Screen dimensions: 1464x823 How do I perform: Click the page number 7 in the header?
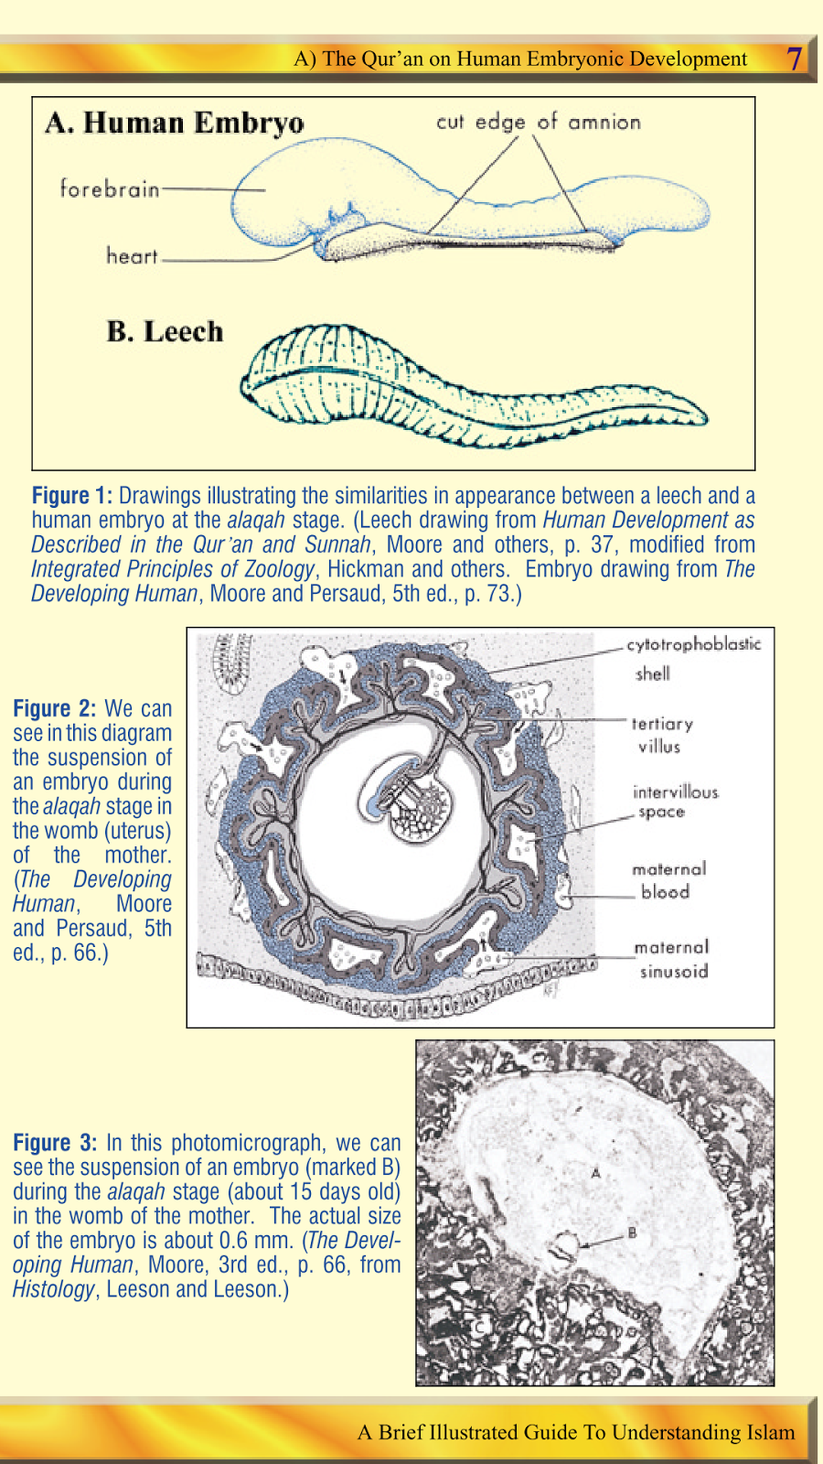point(795,59)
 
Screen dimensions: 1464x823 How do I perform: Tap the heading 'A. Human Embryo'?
point(175,123)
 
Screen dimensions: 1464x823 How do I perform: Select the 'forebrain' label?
point(110,189)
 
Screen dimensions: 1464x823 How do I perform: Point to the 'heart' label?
point(132,256)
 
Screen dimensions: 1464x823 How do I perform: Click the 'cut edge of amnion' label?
point(538,122)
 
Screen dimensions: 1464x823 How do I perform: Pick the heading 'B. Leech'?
point(165,331)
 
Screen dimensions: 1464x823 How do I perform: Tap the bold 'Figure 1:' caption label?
point(71,496)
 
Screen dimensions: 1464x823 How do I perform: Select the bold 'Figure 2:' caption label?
point(54,709)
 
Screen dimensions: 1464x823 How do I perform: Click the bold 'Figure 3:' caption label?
point(54,1143)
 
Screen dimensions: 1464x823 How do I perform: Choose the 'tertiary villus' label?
point(661,735)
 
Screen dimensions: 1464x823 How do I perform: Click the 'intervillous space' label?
point(675,801)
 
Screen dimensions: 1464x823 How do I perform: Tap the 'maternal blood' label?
point(668,880)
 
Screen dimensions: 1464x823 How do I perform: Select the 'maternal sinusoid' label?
point(672,959)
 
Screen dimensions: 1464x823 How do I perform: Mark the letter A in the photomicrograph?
point(596,1172)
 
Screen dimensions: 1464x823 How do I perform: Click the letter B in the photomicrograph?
point(632,1233)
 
